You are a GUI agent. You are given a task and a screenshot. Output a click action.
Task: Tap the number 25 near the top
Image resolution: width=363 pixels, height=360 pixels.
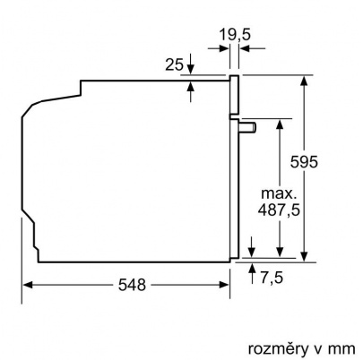(x=175, y=64)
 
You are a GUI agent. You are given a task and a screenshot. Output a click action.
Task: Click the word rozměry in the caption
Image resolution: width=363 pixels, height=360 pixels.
(x=274, y=344)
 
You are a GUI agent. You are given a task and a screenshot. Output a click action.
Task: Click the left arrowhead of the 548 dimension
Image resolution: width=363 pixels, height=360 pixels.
(x=28, y=285)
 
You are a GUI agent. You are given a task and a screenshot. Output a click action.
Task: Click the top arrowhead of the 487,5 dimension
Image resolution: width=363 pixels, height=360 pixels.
(x=282, y=124)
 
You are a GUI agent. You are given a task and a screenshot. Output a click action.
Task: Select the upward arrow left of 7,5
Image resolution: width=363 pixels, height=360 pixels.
(x=252, y=269)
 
